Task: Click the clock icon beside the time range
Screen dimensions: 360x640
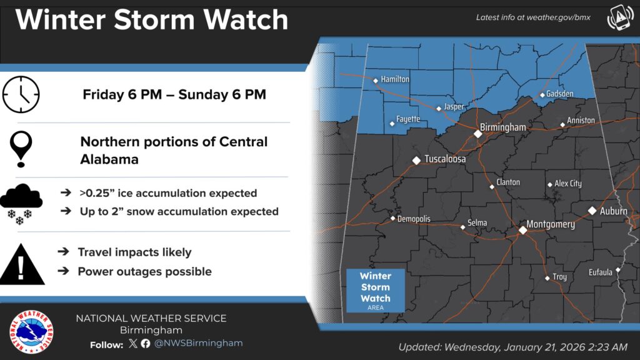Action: click(x=21, y=95)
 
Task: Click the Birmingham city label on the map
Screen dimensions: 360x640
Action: click(x=504, y=127)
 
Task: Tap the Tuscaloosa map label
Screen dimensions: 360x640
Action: click(x=445, y=159)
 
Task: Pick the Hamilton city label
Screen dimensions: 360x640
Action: click(x=395, y=79)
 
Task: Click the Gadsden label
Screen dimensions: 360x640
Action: click(x=559, y=94)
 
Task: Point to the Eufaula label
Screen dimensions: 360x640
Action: click(x=601, y=272)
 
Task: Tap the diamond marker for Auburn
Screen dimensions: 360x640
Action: click(x=592, y=211)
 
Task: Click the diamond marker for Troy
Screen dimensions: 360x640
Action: click(x=547, y=277)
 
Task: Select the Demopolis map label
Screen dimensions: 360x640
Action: click(x=414, y=219)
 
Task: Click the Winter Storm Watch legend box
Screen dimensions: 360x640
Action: click(x=375, y=289)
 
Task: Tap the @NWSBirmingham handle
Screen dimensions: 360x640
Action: click(x=198, y=343)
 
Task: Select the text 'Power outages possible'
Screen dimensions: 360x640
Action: click(x=144, y=271)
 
